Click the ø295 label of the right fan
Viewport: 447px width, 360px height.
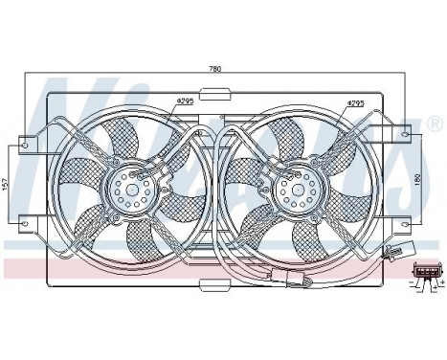click(356, 101)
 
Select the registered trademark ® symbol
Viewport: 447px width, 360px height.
click(436, 125)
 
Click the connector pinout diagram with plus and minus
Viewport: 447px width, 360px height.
click(426, 274)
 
